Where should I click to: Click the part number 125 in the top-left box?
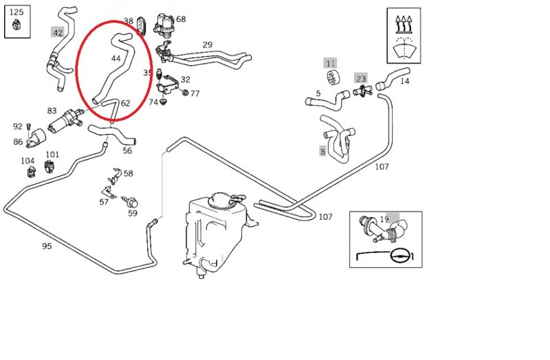pyautogui.click(x=16, y=12)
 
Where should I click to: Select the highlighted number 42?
pyautogui.click(x=58, y=32)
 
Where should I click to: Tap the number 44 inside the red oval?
pyautogui.click(x=115, y=58)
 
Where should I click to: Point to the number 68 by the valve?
pyautogui.click(x=181, y=19)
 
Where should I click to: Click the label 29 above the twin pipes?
pyautogui.click(x=207, y=45)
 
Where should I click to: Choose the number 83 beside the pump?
pyautogui.click(x=52, y=111)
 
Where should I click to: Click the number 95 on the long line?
pyautogui.click(x=47, y=246)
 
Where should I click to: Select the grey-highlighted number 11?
pyautogui.click(x=331, y=63)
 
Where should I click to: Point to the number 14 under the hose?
pyautogui.click(x=404, y=81)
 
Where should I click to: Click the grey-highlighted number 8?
pyautogui.click(x=322, y=152)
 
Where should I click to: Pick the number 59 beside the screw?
pyautogui.click(x=132, y=213)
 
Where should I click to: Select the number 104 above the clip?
pyautogui.click(x=27, y=161)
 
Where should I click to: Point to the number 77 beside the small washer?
pyautogui.click(x=195, y=93)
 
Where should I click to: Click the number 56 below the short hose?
pyautogui.click(x=127, y=151)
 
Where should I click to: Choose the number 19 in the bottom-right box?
pyautogui.click(x=384, y=220)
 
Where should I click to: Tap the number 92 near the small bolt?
pyautogui.click(x=18, y=126)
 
